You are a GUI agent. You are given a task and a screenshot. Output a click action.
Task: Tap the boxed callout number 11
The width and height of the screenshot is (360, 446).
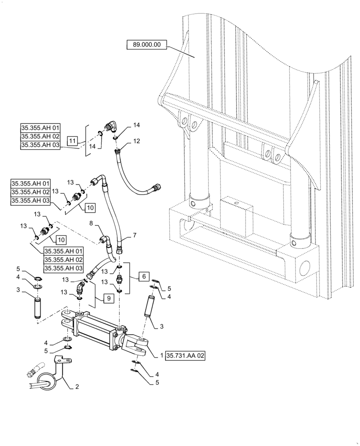point(73,141)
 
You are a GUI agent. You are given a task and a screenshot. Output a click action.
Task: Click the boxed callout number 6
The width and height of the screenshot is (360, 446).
point(143,277)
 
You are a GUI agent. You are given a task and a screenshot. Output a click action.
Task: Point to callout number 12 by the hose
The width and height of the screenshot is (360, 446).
point(136,141)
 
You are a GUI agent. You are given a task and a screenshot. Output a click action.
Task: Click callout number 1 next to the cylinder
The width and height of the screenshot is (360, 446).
point(161,355)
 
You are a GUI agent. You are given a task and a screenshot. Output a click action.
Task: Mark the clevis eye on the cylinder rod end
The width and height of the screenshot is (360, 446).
point(138,344)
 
